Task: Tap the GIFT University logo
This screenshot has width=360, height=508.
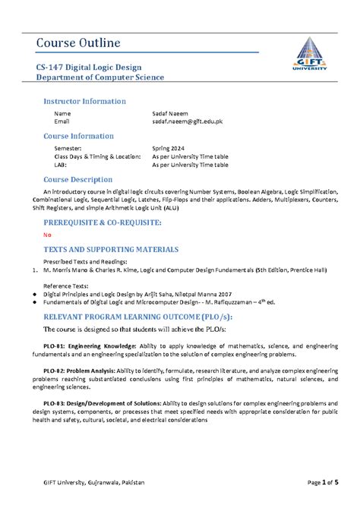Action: pyautogui.click(x=312, y=54)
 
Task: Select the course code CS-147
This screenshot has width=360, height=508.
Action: pyautogui.click(x=53, y=67)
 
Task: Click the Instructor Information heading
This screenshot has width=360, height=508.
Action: pyautogui.click(x=84, y=101)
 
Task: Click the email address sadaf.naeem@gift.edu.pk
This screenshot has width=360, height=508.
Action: pyautogui.click(x=187, y=121)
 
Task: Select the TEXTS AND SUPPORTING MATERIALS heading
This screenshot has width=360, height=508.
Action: pyautogui.click(x=111, y=248)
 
